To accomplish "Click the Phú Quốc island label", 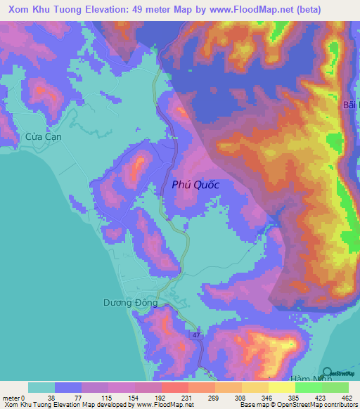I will coord(196,185).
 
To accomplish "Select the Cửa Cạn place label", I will coord(44,137).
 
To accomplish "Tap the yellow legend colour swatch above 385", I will coord(281,387).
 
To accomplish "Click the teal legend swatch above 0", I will coord(41,387).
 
